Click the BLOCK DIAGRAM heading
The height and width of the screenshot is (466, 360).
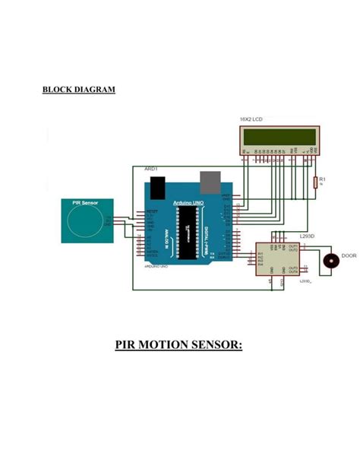79,90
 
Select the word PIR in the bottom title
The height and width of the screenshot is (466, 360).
128,347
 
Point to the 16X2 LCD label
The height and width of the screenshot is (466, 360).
251,120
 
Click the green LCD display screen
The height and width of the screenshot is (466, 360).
279,137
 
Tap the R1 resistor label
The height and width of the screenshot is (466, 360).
322,179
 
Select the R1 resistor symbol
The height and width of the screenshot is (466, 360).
314,182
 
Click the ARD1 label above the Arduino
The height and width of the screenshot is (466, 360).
150,167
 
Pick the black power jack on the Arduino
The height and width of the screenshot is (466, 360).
157,185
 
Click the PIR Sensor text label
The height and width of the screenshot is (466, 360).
85,203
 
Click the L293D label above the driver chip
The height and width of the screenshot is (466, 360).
307,237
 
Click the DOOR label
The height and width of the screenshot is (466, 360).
349,255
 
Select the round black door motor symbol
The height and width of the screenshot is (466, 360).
331,261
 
